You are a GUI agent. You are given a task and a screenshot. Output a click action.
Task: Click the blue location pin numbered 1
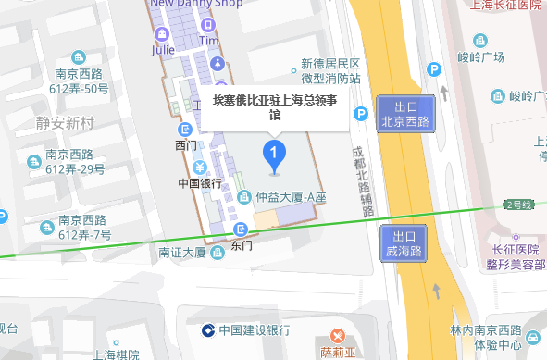pyautogui.click(x=273, y=154)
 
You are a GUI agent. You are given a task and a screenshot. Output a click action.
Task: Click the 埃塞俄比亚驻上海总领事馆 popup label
pyautogui.click(x=275, y=107)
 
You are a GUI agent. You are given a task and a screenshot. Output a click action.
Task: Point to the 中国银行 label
pyautogui.click(x=200, y=183)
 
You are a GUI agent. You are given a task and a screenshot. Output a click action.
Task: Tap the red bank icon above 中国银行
pyautogui.click(x=200, y=168)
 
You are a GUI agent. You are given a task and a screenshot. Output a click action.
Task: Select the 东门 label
pyautogui.click(x=242, y=245)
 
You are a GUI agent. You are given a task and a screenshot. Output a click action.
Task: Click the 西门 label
pyautogui.click(x=185, y=145)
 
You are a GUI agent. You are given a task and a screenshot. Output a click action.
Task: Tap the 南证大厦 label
pyautogui.click(x=181, y=252)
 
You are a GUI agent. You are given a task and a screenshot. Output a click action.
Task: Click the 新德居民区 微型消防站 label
pyautogui.click(x=329, y=72)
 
